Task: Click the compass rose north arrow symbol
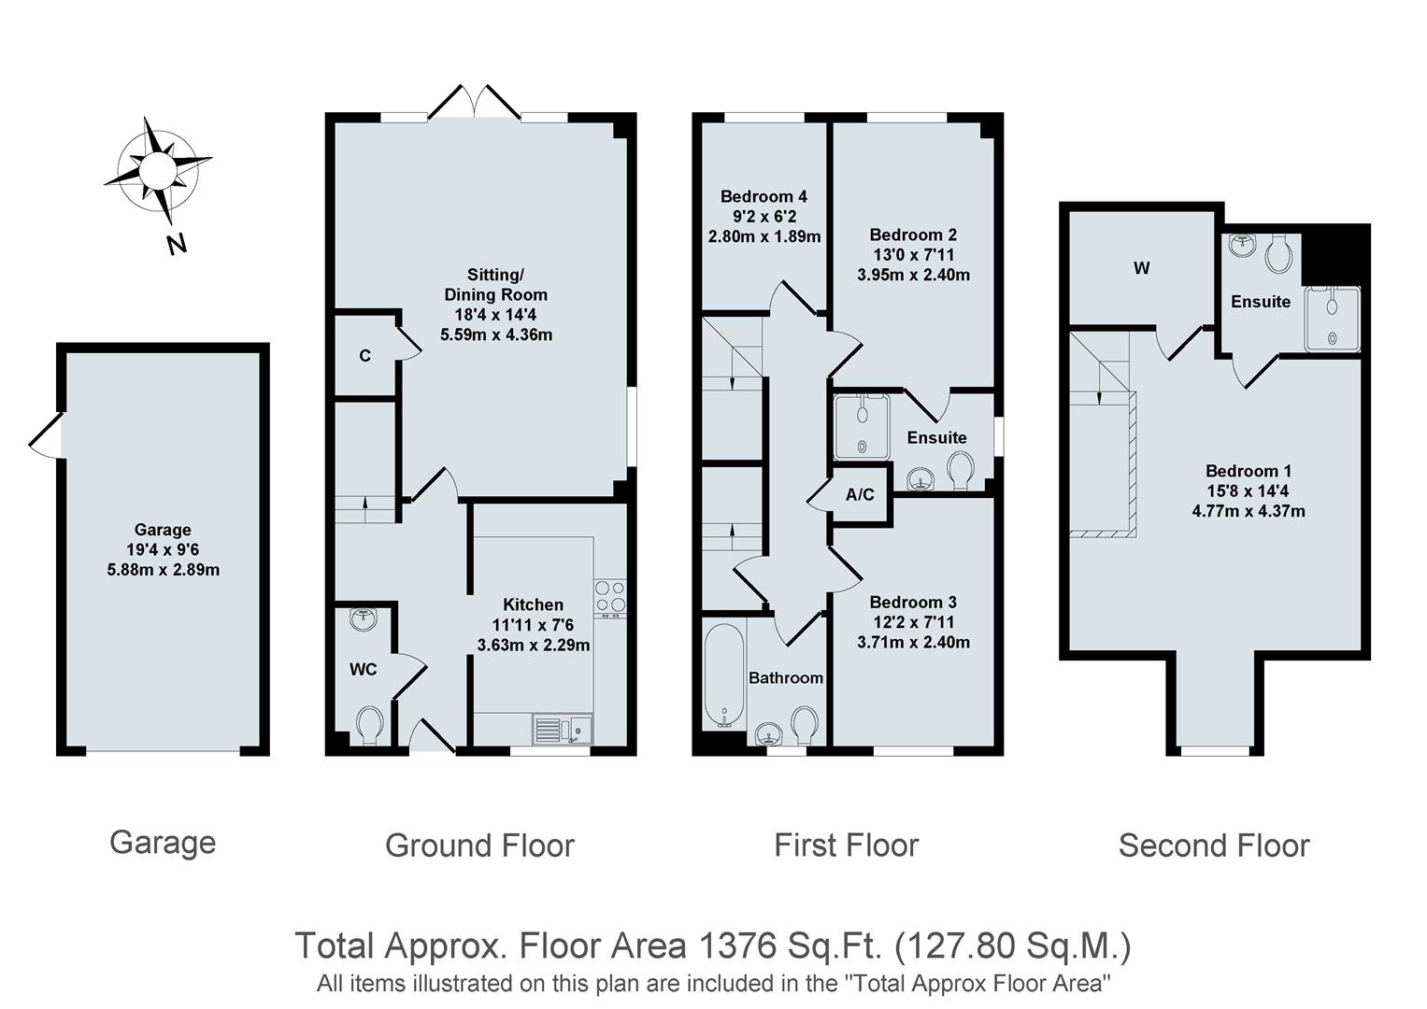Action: tap(157, 172)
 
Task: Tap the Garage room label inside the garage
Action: tap(163, 530)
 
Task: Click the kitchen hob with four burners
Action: tap(610, 597)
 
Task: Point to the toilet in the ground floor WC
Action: tap(370, 725)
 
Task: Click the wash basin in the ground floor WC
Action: tap(362, 618)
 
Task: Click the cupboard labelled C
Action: tap(364, 356)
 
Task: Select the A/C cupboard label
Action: tap(860, 495)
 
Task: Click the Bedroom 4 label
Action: tap(763, 196)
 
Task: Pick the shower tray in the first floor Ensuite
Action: tap(862, 426)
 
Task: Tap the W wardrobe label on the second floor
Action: tap(1141, 269)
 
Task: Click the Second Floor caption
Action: tap(1213, 846)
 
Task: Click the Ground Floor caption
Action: tap(479, 846)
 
